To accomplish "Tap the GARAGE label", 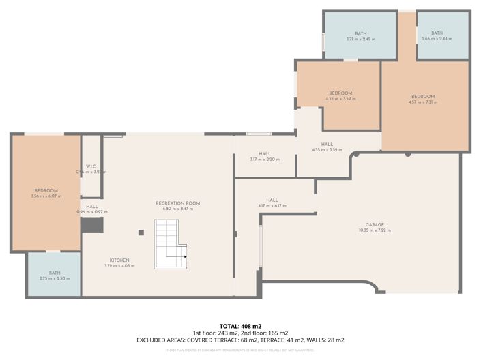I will click(x=374, y=224).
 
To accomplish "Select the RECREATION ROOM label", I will click(x=177, y=203).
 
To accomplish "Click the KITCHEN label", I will click(x=119, y=260).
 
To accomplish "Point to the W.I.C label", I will click(x=91, y=166).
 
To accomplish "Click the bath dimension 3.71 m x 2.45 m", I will click(x=360, y=39).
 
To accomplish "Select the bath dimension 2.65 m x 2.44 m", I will click(x=437, y=39).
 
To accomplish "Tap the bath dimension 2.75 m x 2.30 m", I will click(x=55, y=278).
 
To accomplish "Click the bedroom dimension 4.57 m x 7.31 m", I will click(x=422, y=102).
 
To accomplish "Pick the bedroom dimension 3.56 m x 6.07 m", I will click(x=46, y=196).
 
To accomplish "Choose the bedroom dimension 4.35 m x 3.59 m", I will click(x=340, y=99).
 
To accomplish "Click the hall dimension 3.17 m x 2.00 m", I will click(x=265, y=160).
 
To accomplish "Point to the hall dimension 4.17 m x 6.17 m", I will click(x=272, y=206).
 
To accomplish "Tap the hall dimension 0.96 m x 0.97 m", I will click(x=91, y=212).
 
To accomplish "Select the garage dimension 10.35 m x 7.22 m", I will click(x=374, y=230).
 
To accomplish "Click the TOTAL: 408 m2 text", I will click(x=240, y=327).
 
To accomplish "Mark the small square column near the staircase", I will click(x=141, y=232).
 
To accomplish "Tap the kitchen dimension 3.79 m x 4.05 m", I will click(x=119, y=266).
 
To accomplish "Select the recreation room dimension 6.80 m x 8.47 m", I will click(x=177, y=209).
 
